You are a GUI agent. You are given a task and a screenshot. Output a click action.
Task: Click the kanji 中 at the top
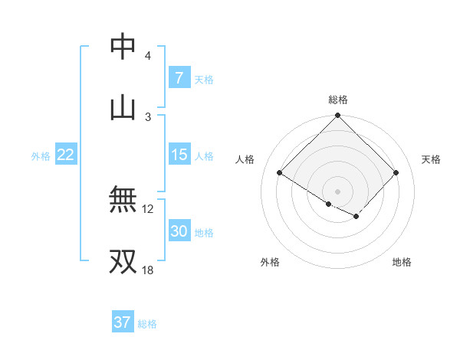pos(123,47)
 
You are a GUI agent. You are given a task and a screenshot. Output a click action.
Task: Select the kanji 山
pos(123,106)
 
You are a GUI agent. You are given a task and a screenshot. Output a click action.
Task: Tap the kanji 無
pos(123,200)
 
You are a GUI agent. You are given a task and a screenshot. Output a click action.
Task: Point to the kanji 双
pos(123,260)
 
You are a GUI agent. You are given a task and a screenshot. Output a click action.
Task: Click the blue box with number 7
pos(179,77)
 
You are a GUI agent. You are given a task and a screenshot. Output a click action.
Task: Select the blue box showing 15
pos(179,155)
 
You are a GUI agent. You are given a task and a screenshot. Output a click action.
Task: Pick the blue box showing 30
pos(179,231)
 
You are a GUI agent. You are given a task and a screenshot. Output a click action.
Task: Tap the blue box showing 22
pos(66,155)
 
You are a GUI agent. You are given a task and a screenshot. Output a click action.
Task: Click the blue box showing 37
pos(122,322)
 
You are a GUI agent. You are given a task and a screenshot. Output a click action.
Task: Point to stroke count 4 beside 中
pos(147,56)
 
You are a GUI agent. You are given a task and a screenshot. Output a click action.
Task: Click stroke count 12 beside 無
pos(148,208)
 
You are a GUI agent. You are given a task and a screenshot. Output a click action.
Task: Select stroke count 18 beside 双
pos(148,270)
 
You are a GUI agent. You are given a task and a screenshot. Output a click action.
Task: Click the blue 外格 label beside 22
pos(41,155)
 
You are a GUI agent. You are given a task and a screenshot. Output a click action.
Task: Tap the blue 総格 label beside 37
pos(147,323)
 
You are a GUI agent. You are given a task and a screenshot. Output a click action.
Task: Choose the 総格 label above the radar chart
pos(337,100)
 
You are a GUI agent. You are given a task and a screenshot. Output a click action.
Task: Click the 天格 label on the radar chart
pos(431,159)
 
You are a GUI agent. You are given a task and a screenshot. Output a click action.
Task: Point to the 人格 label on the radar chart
pos(245,159)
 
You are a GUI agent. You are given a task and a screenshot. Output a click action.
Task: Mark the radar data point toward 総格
pos(337,116)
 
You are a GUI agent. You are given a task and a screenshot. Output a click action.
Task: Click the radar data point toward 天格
pos(396,173)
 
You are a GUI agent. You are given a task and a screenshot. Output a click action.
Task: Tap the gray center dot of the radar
pos(337,191)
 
